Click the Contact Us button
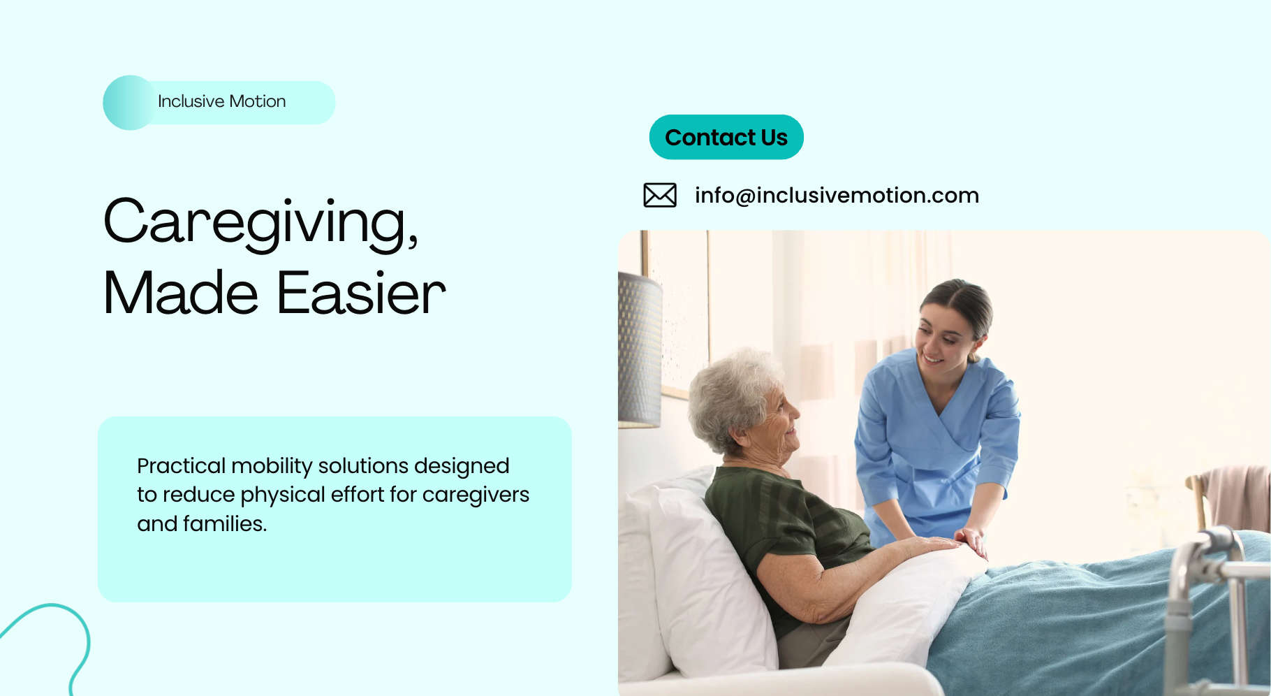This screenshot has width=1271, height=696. (726, 137)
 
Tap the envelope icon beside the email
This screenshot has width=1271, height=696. (660, 195)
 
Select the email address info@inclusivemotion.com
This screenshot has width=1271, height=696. (837, 196)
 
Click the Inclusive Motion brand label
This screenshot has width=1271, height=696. (222, 101)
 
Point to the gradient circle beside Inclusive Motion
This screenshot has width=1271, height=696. (130, 103)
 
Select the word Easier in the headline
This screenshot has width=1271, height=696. (361, 293)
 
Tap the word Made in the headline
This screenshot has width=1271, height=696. (182, 293)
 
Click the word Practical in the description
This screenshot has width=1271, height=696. (181, 466)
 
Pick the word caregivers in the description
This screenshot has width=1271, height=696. (476, 495)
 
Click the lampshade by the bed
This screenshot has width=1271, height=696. (640, 349)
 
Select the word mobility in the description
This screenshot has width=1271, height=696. (272, 466)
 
